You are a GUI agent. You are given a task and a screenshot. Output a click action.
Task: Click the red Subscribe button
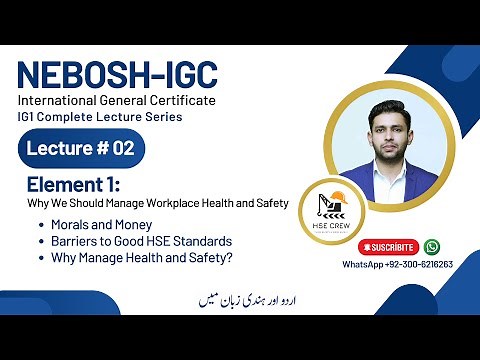pyautogui.click(x=387, y=246)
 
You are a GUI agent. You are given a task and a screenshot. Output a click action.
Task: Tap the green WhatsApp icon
pyautogui.click(x=432, y=246)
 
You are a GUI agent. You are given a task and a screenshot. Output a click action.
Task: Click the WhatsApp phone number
pyautogui.click(x=398, y=265)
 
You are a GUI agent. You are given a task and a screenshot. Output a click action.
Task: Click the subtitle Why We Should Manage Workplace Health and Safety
pyautogui.click(x=157, y=204)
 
